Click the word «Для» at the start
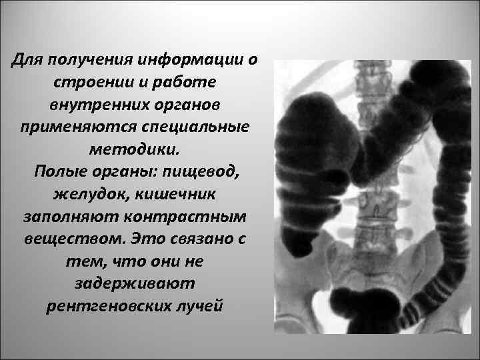point(26,61)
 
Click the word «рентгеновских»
point(102,307)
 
